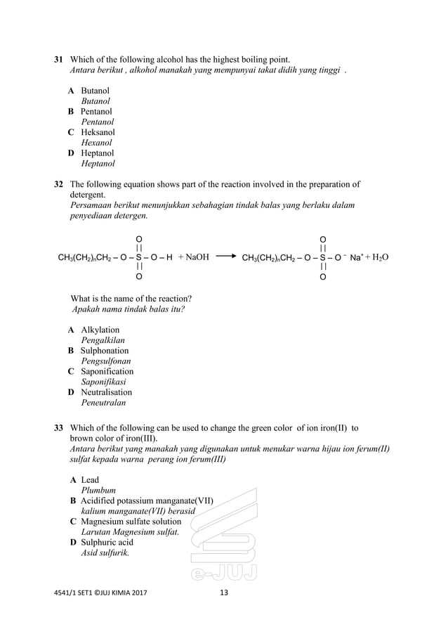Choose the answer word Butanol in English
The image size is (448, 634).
[95, 91]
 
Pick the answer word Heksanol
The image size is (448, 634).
[98, 132]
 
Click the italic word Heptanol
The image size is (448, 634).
[98, 164]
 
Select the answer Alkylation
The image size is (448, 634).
[100, 330]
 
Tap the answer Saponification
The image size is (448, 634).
[107, 371]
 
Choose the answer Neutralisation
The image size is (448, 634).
[106, 392]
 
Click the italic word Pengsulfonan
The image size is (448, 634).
[105, 361]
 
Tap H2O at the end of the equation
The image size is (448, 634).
[378, 257]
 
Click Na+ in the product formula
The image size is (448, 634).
[356, 257]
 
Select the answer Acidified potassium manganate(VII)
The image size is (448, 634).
[147, 500]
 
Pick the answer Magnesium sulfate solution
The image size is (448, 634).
[131, 522]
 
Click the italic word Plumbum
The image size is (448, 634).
[99, 490]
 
